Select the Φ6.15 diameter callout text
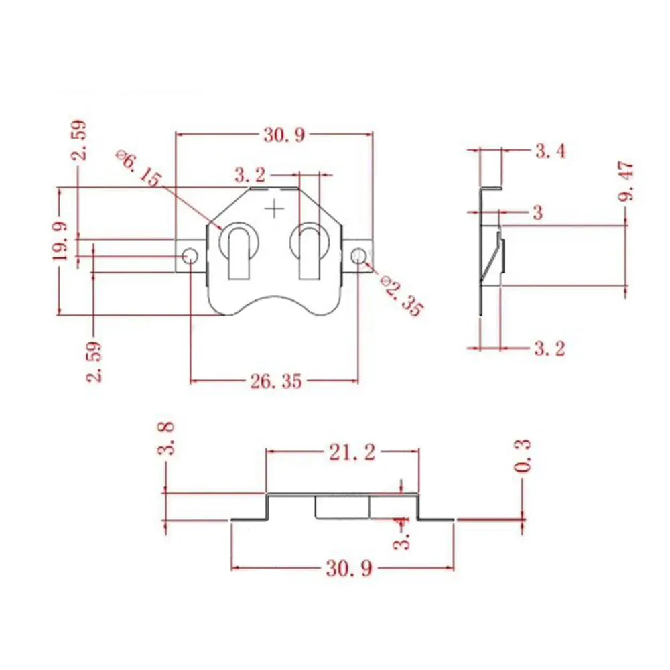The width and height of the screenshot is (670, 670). pyautogui.click(x=138, y=168)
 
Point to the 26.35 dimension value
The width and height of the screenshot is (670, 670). pyautogui.click(x=276, y=381)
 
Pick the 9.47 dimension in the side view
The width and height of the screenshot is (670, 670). pyautogui.click(x=626, y=181)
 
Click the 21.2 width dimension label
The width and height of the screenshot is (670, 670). pyautogui.click(x=352, y=452)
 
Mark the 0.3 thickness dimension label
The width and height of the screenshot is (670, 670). pyautogui.click(x=522, y=456)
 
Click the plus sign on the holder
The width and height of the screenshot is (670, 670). pyautogui.click(x=274, y=209)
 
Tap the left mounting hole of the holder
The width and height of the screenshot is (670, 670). pyautogui.click(x=190, y=257)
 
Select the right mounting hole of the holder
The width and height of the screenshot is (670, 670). pyautogui.click(x=359, y=257)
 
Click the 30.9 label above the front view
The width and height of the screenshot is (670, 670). pyautogui.click(x=284, y=135)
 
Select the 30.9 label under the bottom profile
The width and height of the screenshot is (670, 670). pyautogui.click(x=349, y=569)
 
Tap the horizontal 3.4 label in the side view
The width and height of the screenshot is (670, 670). pyautogui.click(x=550, y=151)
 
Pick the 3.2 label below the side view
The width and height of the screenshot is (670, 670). pyautogui.click(x=550, y=348)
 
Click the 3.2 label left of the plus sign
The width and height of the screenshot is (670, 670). pyautogui.click(x=250, y=175)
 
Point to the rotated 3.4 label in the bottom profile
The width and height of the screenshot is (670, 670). pyautogui.click(x=401, y=533)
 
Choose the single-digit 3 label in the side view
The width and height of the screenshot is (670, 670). pyautogui.click(x=538, y=212)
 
